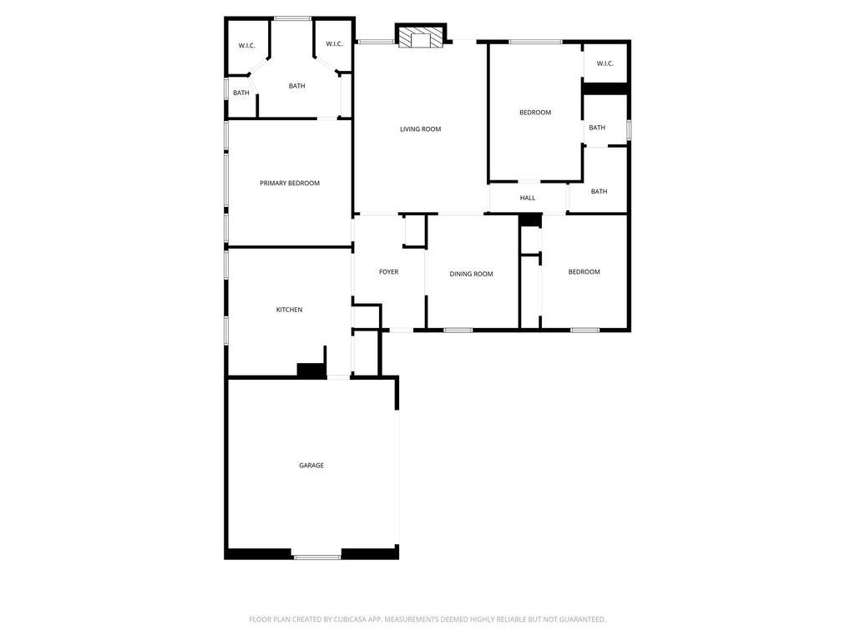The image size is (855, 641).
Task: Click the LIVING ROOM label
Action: pos(421,129)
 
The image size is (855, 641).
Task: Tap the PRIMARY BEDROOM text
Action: pos(290,183)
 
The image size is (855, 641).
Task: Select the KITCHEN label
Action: pos(289,310)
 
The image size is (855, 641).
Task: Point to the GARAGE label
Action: pos(311,466)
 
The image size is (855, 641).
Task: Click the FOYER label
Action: pos(389,272)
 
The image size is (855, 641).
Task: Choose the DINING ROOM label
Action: pos(471,274)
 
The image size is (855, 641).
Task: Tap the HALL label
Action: pos(528,198)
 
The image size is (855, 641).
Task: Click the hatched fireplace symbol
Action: pos(421,37)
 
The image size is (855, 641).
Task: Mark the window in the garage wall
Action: pos(317,557)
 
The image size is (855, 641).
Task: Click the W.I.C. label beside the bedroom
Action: pos(605,63)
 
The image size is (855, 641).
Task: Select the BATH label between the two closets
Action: pos(296,86)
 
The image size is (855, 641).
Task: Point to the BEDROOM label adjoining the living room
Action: pos(535,113)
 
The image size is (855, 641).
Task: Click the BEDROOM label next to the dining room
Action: pos(584,272)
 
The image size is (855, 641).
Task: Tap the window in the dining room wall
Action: pos(458,330)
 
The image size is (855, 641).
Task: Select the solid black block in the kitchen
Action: pos(311,370)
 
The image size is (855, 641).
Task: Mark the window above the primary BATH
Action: pos(292,19)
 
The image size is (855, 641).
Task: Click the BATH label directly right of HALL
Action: pos(599,191)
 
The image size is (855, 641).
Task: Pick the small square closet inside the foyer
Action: pos(414,230)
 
